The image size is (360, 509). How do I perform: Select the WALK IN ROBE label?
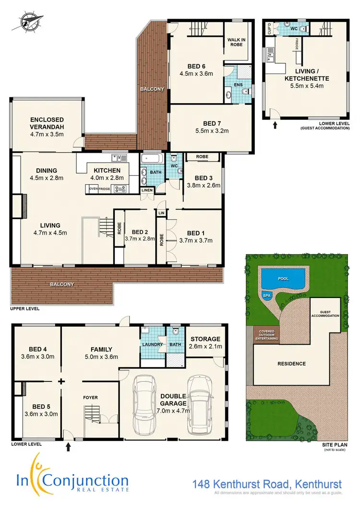click(x=236, y=42)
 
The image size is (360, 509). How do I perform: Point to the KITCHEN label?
click(x=108, y=170)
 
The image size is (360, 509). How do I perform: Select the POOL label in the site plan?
click(x=283, y=277)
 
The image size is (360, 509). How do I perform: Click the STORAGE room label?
click(x=204, y=339)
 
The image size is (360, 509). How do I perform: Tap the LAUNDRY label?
click(x=152, y=344)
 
